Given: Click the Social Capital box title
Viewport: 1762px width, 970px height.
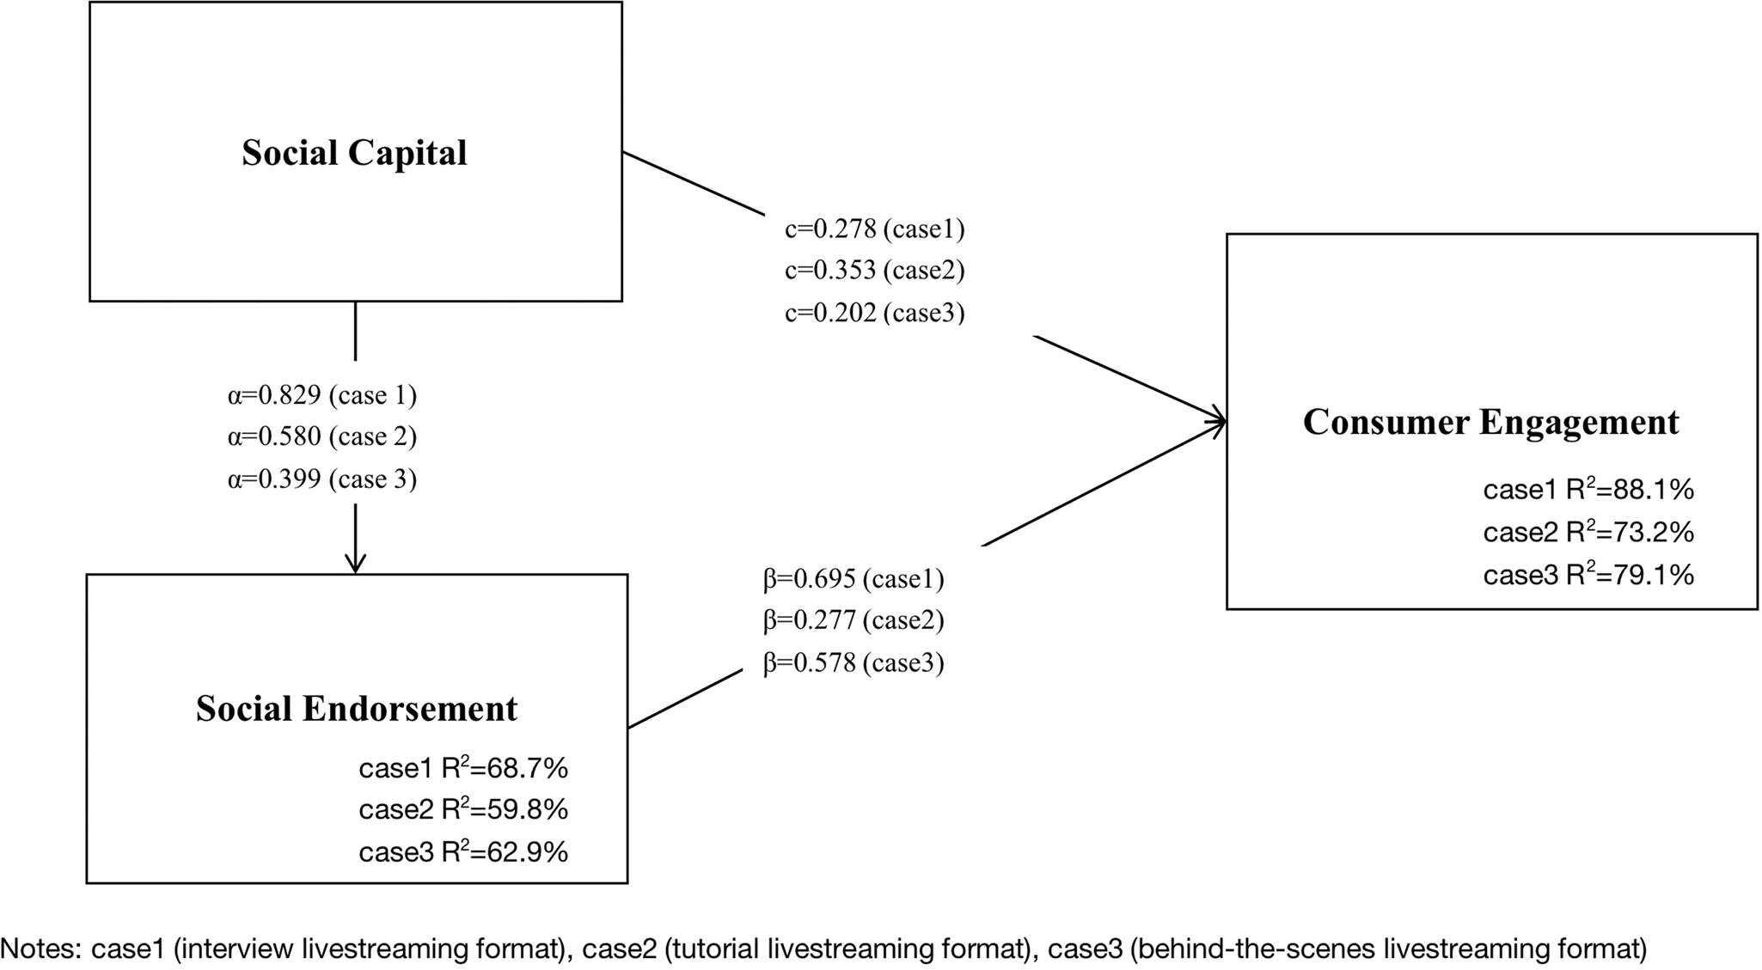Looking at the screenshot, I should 354,153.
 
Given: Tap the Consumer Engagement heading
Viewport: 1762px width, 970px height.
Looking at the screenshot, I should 1490,422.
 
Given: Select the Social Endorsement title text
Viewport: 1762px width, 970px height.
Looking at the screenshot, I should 357,709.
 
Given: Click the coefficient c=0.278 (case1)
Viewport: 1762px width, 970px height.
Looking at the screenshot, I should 874,229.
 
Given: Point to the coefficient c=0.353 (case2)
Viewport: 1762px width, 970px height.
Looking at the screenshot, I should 874,271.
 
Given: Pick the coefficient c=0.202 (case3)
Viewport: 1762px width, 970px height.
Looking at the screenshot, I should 874,313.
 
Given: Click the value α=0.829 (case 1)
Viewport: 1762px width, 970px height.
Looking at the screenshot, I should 321,395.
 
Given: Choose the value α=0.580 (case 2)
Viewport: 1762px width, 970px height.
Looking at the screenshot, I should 321,436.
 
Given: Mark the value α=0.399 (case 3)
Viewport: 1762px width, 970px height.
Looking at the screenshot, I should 321,479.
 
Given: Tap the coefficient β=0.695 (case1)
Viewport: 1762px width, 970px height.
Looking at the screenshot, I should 853,579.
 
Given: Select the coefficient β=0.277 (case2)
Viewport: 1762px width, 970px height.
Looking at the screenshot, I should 853,620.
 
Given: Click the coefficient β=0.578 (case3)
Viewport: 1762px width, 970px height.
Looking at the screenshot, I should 853,662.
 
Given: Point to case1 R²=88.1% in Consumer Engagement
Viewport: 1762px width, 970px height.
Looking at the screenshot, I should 1588,490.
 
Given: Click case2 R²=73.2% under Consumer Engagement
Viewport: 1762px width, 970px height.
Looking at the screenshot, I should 1588,533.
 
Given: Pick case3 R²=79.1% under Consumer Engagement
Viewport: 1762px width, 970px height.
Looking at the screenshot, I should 1588,575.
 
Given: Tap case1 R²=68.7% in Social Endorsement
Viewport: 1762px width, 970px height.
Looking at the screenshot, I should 463,768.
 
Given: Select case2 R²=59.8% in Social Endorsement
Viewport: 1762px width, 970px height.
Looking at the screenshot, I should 463,809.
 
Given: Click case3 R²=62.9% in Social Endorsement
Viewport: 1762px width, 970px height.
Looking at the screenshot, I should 463,852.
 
